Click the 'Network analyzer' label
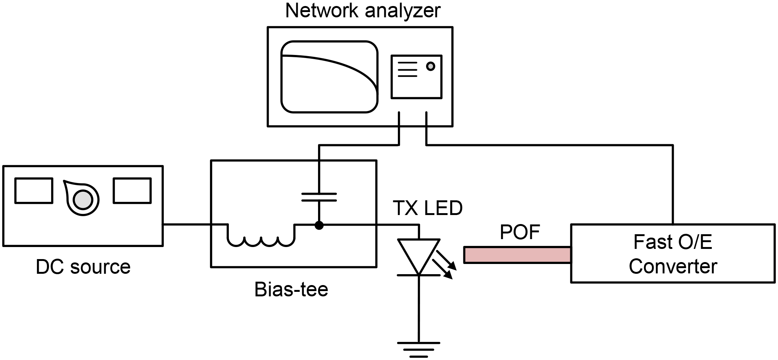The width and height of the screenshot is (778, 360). (362, 11)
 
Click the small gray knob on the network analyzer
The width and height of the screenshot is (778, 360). (430, 66)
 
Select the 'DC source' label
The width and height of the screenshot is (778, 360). (83, 267)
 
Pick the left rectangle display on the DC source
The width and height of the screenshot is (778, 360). (33, 191)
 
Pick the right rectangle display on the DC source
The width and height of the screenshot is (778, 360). (132, 191)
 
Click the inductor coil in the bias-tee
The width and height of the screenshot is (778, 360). (261, 240)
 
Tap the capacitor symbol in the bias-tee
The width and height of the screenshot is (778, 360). (319, 197)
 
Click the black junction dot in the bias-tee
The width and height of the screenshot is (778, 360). (319, 225)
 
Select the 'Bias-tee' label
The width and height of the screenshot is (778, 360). (291, 290)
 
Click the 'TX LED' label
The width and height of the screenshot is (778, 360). (428, 208)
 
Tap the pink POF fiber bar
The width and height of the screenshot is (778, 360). (517, 255)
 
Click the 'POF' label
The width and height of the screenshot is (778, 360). (519, 232)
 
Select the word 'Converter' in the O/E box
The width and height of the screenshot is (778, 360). (673, 267)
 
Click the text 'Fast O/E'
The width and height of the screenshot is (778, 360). (673, 242)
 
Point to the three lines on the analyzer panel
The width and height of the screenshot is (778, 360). (407, 69)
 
